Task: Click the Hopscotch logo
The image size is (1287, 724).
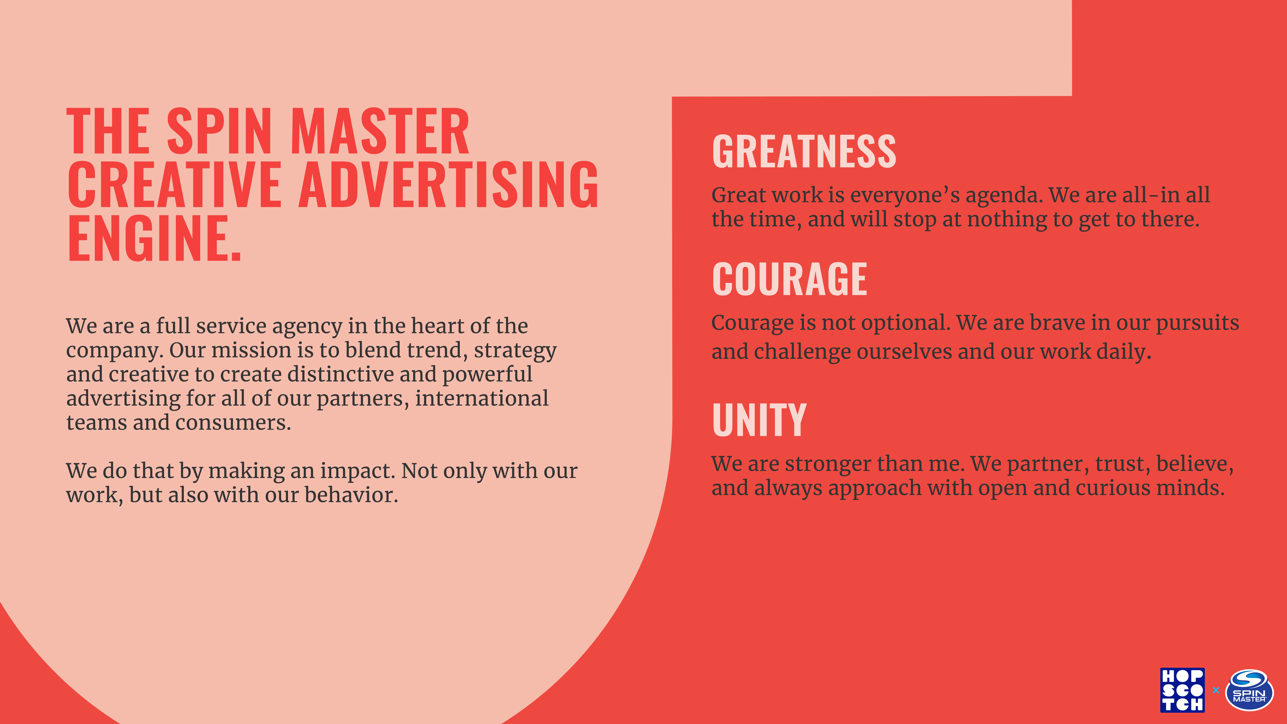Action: click(1182, 690)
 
